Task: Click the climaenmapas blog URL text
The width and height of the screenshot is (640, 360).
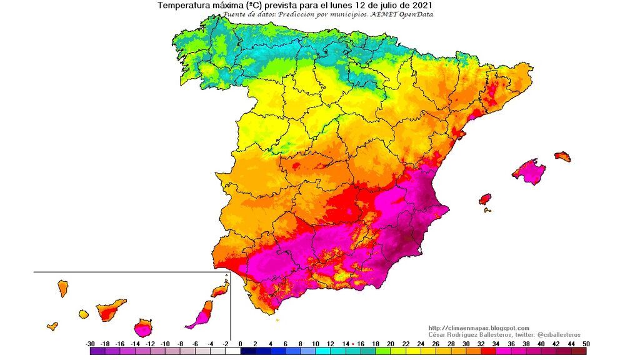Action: pos(479,328)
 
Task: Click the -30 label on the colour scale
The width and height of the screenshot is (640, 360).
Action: pos(91,344)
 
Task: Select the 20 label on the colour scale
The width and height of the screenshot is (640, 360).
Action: pos(390,344)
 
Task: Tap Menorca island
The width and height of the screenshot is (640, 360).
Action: pos(562,156)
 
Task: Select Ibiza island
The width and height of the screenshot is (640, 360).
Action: pos(485,200)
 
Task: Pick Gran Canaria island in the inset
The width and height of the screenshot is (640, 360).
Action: pos(144,327)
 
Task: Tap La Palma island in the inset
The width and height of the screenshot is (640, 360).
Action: pos(62,288)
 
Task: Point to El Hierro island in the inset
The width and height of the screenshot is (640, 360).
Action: pos(52,326)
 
